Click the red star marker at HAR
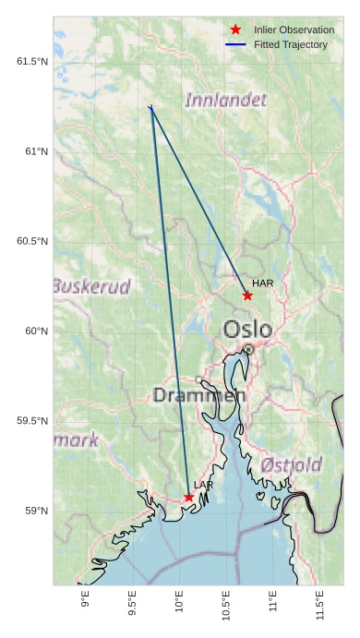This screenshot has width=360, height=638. (x=247, y=295)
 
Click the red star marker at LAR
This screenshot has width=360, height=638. (x=189, y=497)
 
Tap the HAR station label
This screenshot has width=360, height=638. (x=263, y=283)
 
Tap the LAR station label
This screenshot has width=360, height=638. (x=204, y=485)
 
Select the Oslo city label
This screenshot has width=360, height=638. (x=247, y=330)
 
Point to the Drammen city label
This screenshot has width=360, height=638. (x=199, y=396)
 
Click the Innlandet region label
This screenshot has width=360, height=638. (x=226, y=100)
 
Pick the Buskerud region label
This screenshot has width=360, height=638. (x=91, y=286)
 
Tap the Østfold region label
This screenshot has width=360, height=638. (x=291, y=463)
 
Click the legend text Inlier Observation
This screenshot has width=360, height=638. (x=294, y=30)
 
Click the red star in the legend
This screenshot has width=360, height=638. (x=236, y=30)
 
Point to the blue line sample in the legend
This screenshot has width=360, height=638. (x=236, y=44)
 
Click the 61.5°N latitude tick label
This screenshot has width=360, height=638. (x=31, y=62)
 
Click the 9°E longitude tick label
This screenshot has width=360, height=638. (x=86, y=602)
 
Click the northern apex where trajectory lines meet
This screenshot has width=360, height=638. (x=150, y=108)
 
